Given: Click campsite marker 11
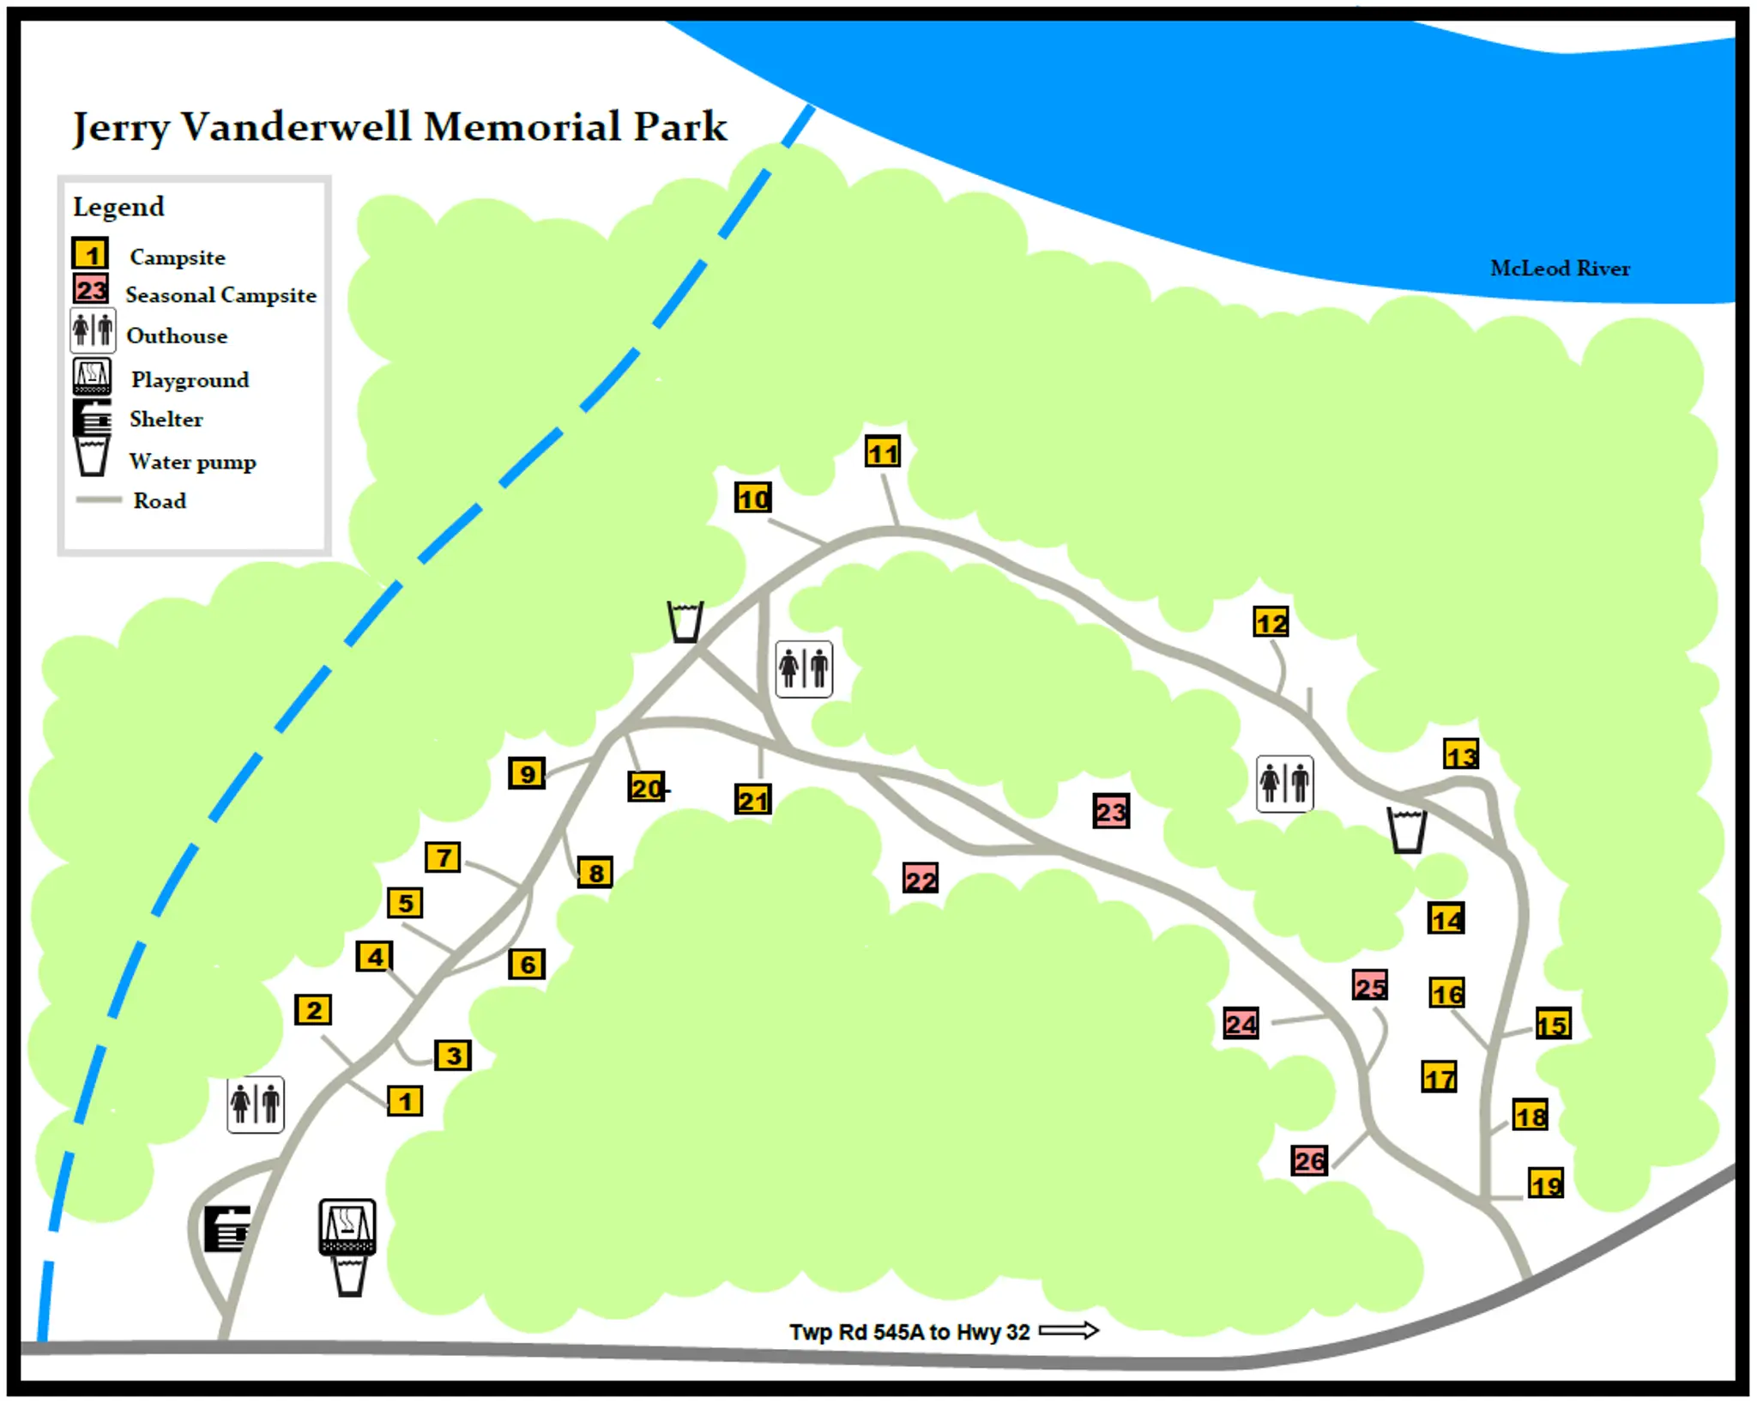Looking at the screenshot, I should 883,451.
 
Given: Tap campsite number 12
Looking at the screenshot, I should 1271,622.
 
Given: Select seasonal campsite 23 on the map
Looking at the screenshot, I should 1110,811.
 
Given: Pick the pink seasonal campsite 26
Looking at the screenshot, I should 1309,1160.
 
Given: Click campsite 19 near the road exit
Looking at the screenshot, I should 1545,1184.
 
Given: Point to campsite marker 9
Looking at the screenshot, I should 527,773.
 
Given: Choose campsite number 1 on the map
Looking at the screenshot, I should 405,1100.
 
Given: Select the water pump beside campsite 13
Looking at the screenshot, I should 1407,830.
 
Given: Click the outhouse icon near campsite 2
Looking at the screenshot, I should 256,1104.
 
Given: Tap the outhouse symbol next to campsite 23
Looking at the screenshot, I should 1284,783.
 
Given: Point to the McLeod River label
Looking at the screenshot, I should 1559,269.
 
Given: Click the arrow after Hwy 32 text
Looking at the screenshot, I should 1068,1330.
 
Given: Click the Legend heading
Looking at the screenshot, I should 118,207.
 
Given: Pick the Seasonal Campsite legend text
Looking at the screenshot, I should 220,295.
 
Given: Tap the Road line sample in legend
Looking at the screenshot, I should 99,499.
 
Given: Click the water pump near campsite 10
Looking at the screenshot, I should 685,621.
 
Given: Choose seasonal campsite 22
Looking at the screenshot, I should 920,879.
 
